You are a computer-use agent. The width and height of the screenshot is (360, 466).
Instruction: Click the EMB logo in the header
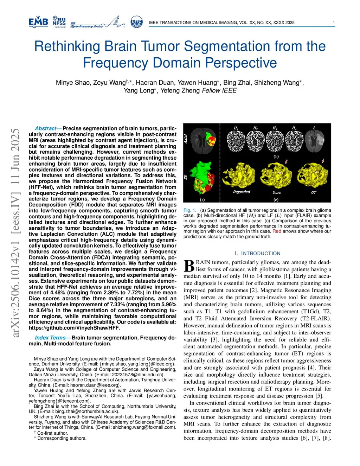[38, 22]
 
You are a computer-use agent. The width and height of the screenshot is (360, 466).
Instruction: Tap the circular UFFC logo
[136, 22]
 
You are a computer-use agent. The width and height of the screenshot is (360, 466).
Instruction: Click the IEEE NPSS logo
[59, 22]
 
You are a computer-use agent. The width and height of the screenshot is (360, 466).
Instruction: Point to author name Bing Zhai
[237, 83]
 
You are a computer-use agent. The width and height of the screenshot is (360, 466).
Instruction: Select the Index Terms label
[50, 338]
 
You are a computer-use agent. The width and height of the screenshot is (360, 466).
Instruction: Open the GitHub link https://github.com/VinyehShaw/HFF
[75, 328]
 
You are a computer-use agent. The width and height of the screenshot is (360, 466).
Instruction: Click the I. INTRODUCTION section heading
[257, 253]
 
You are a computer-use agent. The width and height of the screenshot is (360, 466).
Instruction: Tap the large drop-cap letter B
[189, 266]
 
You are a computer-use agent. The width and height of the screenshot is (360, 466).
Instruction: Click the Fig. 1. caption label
[189, 210]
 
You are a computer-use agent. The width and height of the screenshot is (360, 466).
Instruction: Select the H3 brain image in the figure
[275, 141]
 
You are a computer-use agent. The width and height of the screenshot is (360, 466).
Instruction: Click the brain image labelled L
[314, 140]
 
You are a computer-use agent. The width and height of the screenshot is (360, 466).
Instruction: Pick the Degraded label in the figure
[242, 192]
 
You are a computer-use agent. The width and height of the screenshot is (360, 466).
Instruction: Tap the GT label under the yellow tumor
[314, 192]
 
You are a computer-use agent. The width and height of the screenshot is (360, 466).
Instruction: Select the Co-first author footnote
[53, 433]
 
